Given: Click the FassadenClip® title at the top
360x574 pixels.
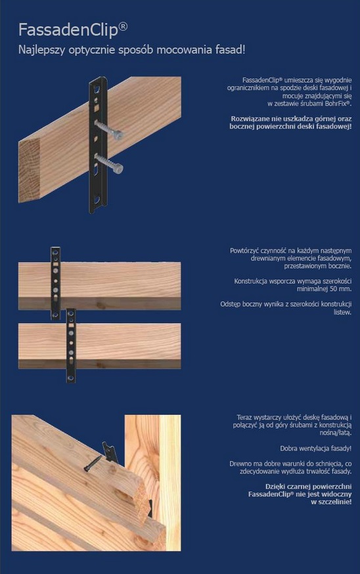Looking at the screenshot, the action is (x=73, y=30).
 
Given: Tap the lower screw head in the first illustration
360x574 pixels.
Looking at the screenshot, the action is (x=118, y=168).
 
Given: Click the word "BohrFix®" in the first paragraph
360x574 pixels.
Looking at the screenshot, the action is (x=337, y=104).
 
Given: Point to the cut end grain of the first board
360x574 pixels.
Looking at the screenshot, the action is (x=29, y=170).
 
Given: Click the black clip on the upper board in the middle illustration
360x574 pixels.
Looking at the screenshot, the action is (x=56, y=283).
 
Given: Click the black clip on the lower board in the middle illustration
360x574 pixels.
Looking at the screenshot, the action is (x=71, y=345).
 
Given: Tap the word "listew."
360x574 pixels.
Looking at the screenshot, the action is (x=342, y=312).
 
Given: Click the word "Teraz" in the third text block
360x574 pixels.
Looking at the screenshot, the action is (x=244, y=417).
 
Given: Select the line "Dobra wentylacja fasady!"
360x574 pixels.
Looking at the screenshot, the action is (x=316, y=448).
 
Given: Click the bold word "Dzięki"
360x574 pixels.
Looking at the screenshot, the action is (x=275, y=487).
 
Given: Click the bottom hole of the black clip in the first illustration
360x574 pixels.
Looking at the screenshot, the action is (x=97, y=200).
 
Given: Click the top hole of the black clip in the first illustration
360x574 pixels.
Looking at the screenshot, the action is (x=97, y=89).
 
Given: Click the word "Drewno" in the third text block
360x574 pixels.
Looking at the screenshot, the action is (x=240, y=464).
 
